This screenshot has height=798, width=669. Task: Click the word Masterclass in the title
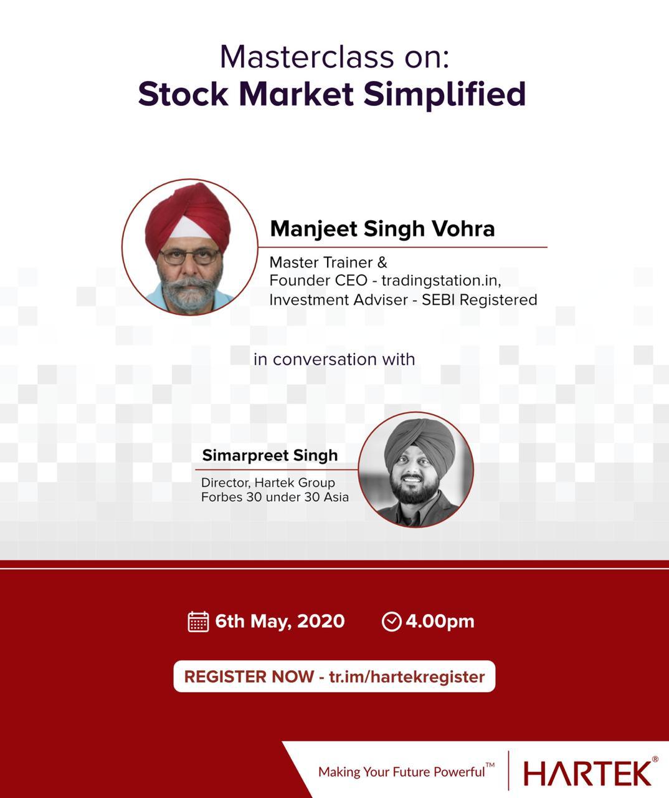306,57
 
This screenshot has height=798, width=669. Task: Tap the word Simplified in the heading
444,94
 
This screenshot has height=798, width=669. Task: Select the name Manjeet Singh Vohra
382,229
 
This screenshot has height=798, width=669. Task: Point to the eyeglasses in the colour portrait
190,257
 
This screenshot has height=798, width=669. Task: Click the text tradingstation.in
441,281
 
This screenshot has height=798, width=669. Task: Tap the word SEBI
439,300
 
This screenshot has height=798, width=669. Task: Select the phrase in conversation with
334,359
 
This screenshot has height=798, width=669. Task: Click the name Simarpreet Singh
270,456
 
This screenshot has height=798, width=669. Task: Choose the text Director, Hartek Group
268,483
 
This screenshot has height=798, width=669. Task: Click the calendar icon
198,622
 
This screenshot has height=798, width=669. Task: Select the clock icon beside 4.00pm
391,622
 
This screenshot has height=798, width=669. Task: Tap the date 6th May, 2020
280,622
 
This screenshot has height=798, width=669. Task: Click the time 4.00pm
440,622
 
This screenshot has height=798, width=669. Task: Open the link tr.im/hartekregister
407,677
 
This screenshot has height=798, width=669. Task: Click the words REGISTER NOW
249,677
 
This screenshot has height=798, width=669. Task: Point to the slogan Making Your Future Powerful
406,772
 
